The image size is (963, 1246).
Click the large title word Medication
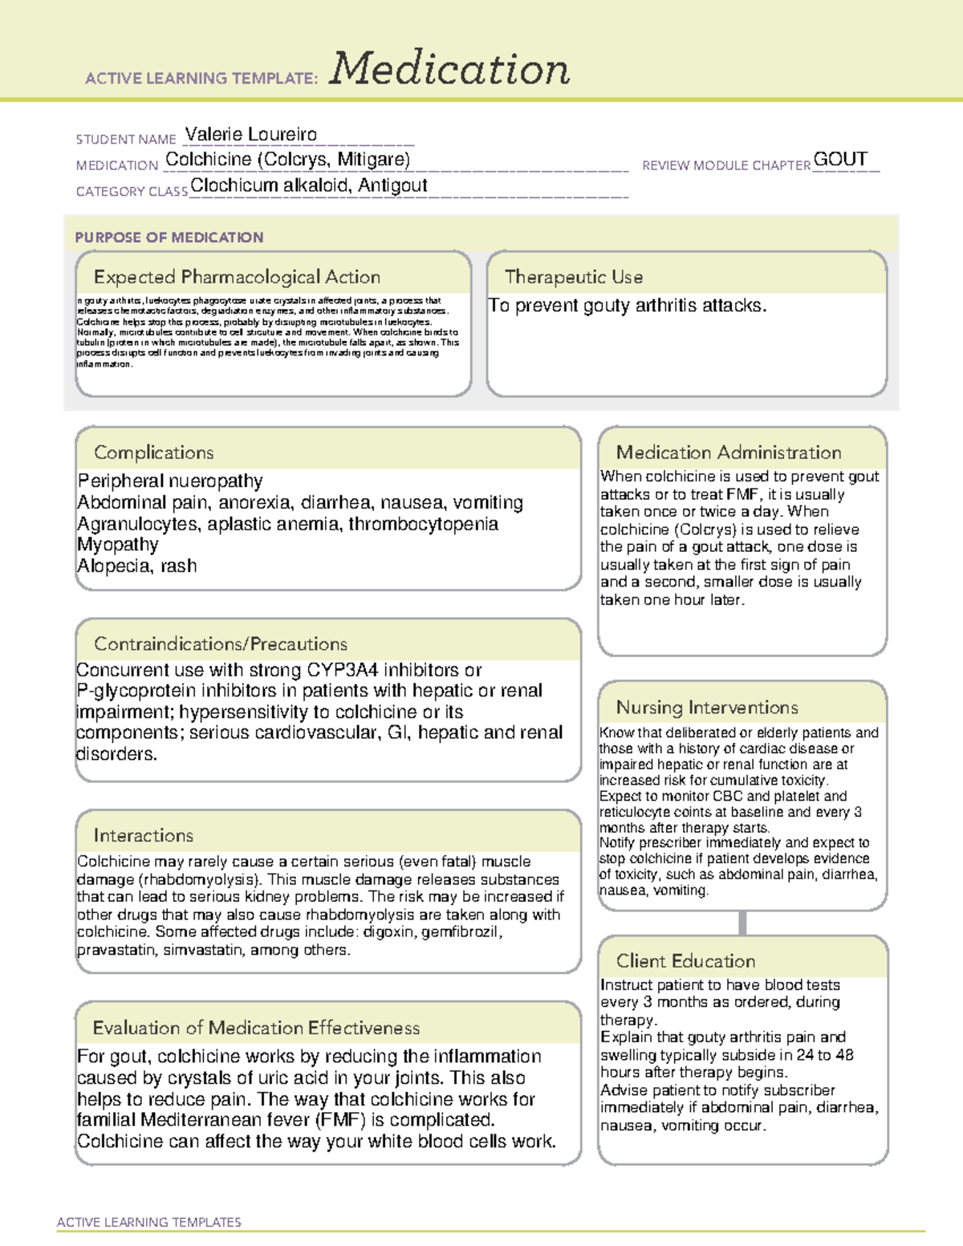(x=449, y=69)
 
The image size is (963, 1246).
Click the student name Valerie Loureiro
(x=250, y=134)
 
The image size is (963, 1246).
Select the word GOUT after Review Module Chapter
(x=840, y=159)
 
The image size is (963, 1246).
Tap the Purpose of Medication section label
(x=169, y=237)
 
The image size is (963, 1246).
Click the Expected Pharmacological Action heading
(x=237, y=277)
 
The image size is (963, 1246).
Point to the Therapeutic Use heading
(x=574, y=277)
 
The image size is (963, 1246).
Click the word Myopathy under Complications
(x=118, y=545)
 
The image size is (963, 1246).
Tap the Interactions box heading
(x=144, y=836)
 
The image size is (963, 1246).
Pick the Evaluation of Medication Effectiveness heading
(x=256, y=1028)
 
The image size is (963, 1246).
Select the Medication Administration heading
(x=729, y=453)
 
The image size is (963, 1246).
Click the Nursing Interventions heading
(x=707, y=708)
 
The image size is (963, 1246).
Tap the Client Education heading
(x=685, y=961)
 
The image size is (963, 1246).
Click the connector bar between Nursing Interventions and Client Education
(x=742, y=923)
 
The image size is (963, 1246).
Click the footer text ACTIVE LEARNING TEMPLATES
(x=149, y=1222)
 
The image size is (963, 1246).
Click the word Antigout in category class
(x=392, y=185)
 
